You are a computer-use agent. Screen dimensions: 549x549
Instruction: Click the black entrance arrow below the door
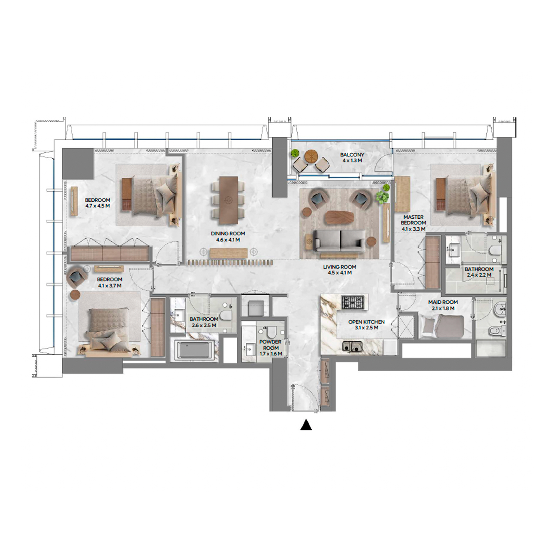pos(306,425)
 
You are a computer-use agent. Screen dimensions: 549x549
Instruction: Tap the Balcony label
pos(352,155)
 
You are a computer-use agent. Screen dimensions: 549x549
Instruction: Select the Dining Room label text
pos(228,234)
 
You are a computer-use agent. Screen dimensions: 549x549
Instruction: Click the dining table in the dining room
pos(228,200)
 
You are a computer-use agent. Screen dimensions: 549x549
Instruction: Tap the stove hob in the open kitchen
pos(354,302)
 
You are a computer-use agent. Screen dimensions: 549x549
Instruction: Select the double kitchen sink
pos(352,347)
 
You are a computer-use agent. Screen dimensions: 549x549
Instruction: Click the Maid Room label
pos(443,302)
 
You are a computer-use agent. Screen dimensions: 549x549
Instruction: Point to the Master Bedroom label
pos(413,220)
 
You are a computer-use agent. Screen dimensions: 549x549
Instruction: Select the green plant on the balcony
pos(295,153)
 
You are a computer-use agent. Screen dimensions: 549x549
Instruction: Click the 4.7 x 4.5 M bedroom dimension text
pos(97,206)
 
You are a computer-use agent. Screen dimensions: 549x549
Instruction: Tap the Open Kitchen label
pos(366,322)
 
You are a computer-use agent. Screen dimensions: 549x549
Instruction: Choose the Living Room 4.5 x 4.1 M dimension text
pos(340,273)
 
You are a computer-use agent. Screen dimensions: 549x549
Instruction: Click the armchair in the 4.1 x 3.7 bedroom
pos(77,277)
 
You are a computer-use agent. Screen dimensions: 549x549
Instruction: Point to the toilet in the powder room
pos(271,332)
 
